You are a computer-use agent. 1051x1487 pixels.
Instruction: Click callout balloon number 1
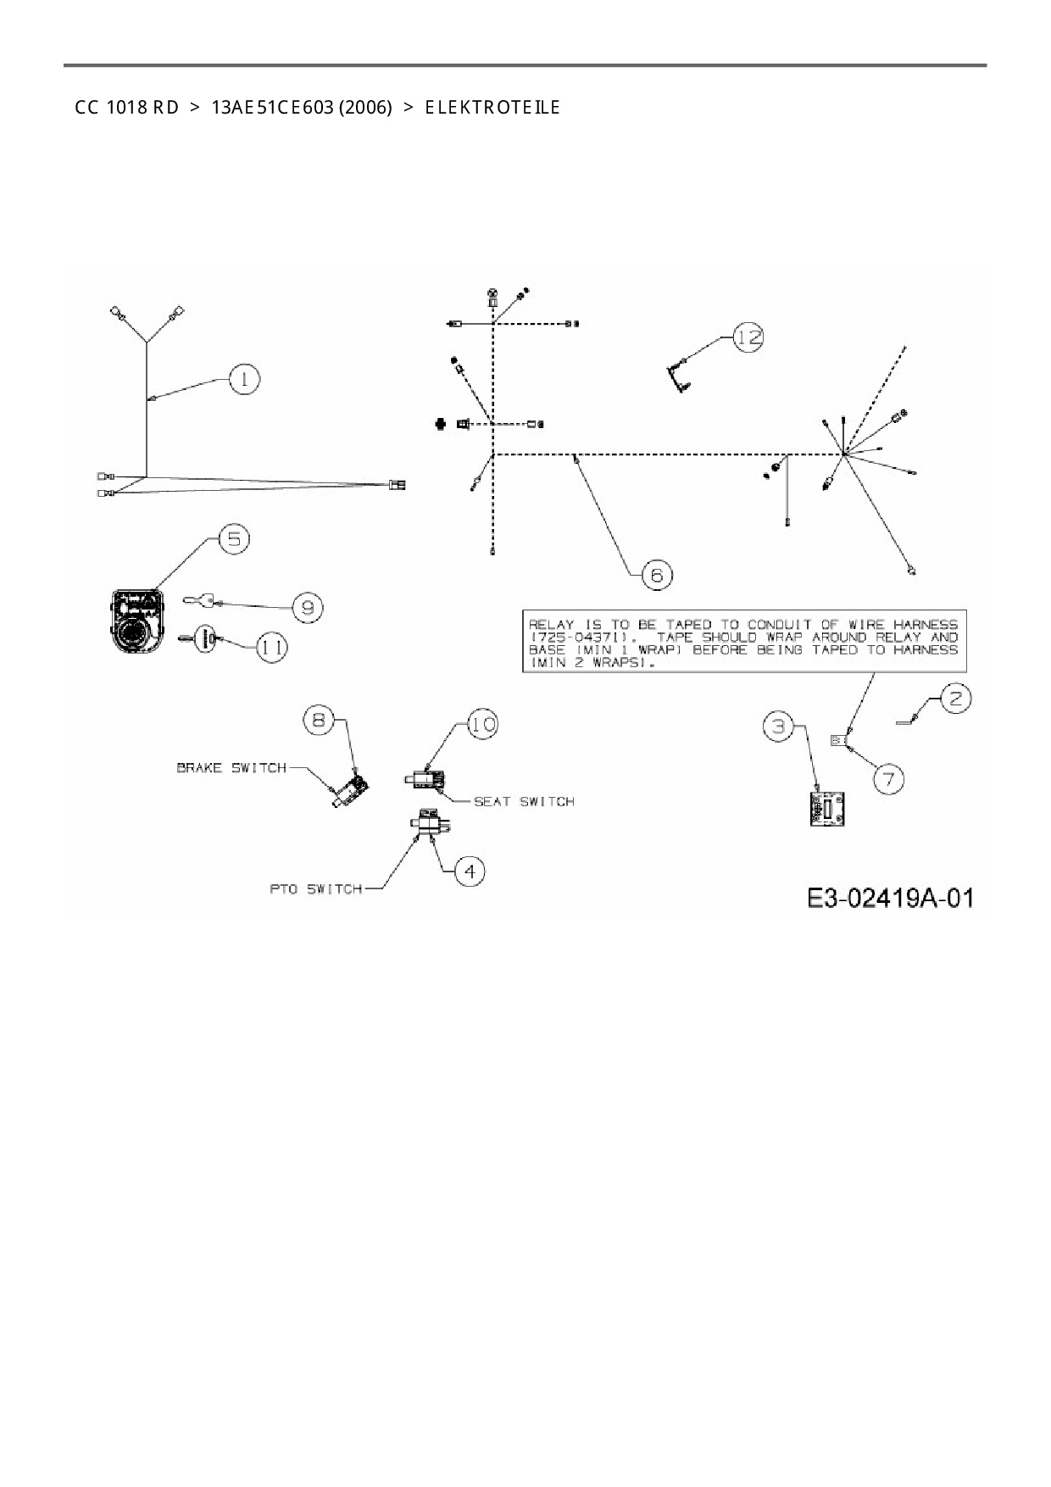[245, 379]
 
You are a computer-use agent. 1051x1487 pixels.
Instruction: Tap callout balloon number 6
[657, 575]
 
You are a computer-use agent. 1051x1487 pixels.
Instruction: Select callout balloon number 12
[748, 337]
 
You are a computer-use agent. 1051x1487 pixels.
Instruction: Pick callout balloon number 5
[234, 540]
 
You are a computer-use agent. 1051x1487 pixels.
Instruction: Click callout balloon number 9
[308, 607]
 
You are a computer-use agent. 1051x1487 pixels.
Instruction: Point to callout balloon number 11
[271, 648]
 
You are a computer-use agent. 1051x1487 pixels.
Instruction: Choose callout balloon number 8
[319, 720]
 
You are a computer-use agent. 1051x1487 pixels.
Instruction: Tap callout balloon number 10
[482, 724]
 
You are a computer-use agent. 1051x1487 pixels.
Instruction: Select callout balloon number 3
[780, 727]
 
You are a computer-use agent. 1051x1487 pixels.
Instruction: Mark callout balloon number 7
[888, 778]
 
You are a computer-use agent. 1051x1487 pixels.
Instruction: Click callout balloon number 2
[956, 699]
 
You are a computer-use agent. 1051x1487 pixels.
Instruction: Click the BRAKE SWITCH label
[231, 768]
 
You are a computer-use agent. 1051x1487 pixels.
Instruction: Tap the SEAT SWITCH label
[523, 801]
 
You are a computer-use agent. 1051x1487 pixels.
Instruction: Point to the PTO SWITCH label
[316, 889]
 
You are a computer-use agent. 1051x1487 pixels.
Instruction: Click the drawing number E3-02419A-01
[889, 898]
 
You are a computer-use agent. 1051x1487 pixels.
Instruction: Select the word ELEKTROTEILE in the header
[492, 108]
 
